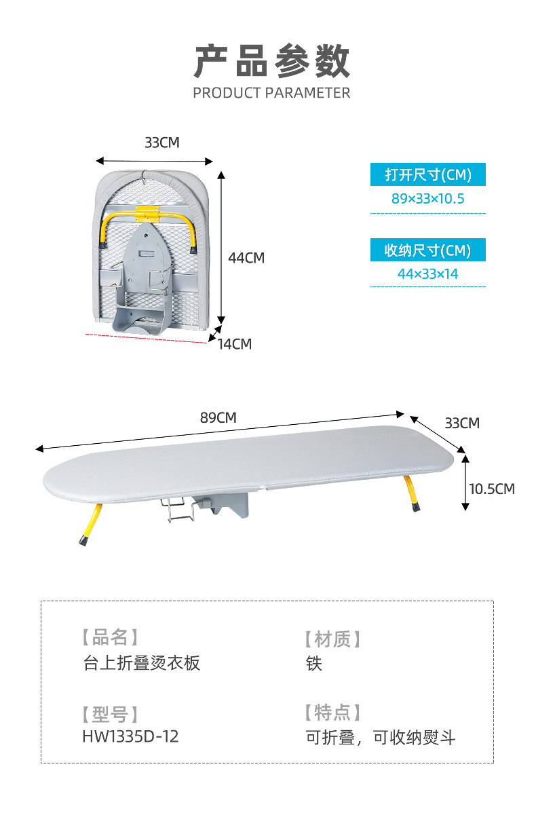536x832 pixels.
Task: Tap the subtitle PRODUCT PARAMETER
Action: pyautogui.click(x=271, y=93)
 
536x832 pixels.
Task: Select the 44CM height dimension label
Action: pyautogui.click(x=246, y=258)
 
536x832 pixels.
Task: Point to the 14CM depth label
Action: pyautogui.click(x=235, y=344)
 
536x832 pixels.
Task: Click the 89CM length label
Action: pyautogui.click(x=218, y=417)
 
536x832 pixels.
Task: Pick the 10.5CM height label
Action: pyautogui.click(x=492, y=489)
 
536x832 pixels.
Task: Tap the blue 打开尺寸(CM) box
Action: pyautogui.click(x=427, y=174)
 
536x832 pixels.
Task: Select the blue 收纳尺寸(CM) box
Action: pyautogui.click(x=427, y=250)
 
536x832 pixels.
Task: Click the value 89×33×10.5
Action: pyautogui.click(x=427, y=199)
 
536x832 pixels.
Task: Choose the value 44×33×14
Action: pyautogui.click(x=427, y=274)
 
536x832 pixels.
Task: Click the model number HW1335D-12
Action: pyautogui.click(x=130, y=736)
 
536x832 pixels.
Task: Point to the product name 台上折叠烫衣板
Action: pyautogui.click(x=142, y=663)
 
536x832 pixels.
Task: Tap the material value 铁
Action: pyautogui.click(x=313, y=663)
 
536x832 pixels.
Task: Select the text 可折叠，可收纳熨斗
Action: pyautogui.click(x=380, y=738)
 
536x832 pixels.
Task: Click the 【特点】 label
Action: pyautogui.click(x=332, y=713)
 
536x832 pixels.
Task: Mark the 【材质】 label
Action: pyautogui.click(x=332, y=639)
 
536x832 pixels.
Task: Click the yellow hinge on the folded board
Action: pyautogui.click(x=147, y=213)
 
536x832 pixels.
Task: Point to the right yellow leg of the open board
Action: pyautogui.click(x=413, y=493)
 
